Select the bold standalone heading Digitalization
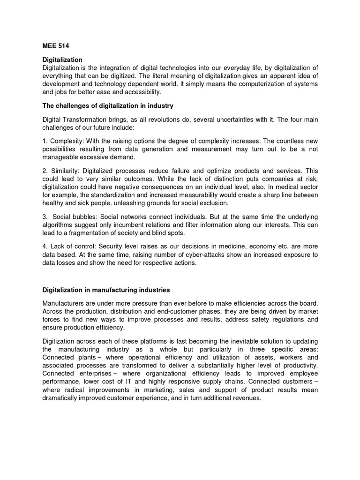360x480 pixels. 62,60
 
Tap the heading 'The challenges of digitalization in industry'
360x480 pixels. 108,106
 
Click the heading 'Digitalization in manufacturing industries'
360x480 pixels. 106,290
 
